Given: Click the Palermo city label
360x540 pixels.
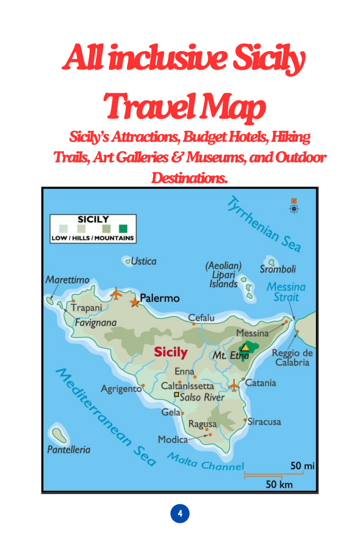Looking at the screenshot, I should (160, 298).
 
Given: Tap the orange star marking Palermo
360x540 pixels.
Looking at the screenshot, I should (135, 303).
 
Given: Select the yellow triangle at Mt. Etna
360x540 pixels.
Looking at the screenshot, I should (245, 347).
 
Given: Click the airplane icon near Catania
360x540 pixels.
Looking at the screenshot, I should (234, 386).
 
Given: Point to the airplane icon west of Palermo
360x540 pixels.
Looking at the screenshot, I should (116, 293).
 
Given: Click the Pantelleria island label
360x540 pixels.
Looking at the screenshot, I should (69, 449).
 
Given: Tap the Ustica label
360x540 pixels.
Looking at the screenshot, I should (143, 261).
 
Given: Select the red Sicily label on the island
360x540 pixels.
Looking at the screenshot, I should (171, 352).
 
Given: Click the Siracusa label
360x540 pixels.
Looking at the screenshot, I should (264, 421).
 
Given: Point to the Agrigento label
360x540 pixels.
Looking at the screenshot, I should (121, 389).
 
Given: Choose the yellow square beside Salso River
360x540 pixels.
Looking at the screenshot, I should (176, 395).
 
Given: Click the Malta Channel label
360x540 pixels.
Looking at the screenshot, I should (206, 462).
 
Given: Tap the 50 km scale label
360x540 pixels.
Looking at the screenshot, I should (279, 484).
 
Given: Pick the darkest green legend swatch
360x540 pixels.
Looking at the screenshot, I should (123, 228).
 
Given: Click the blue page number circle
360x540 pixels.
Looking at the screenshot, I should (180, 514).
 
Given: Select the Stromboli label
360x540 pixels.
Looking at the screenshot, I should (278, 269).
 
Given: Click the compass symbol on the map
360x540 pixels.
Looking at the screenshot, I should (294, 208).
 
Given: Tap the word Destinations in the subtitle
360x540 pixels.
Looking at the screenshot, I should (189, 178).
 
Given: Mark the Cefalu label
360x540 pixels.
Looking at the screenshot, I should (201, 318).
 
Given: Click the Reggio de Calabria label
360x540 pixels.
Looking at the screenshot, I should (292, 358).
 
